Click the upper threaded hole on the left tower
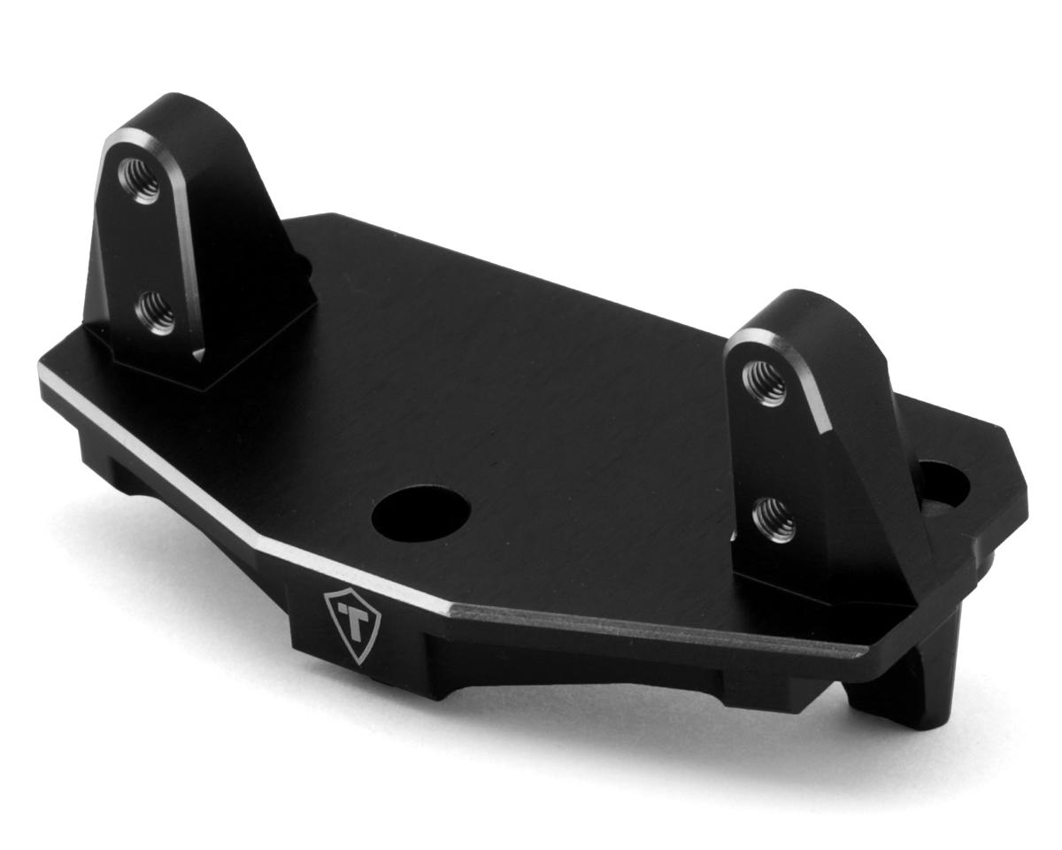[140, 180]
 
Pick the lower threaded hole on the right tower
[773, 519]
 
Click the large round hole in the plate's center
[420, 513]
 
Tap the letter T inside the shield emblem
[353, 622]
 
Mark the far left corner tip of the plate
[42, 372]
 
